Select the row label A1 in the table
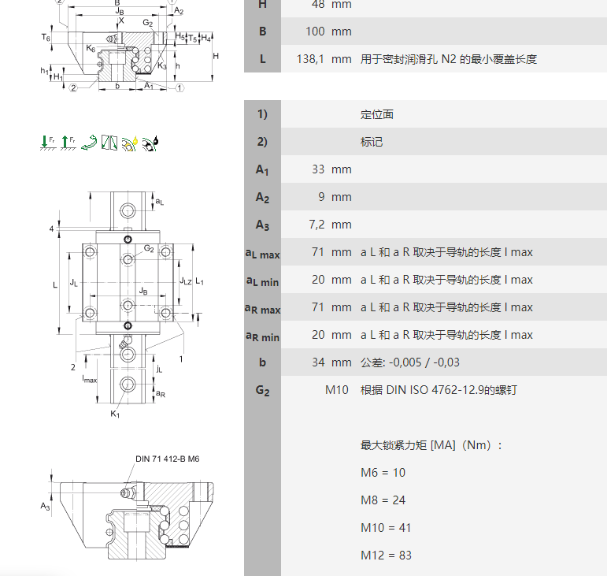262,169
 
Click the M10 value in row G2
336,390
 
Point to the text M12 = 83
386,555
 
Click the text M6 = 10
383,472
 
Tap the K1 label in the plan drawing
115,414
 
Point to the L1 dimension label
200,281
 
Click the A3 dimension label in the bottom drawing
46,506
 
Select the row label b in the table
262,362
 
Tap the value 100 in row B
317,32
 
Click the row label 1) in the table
262,114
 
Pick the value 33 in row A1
319,169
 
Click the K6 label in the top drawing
91,49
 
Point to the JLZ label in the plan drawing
185,281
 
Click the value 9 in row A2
324,197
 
